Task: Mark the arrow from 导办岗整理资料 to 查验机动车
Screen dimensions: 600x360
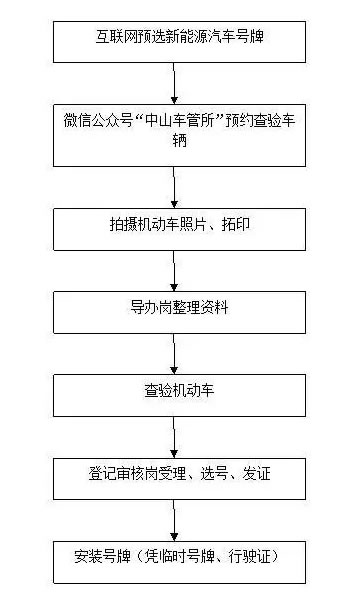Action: coord(174,348)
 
